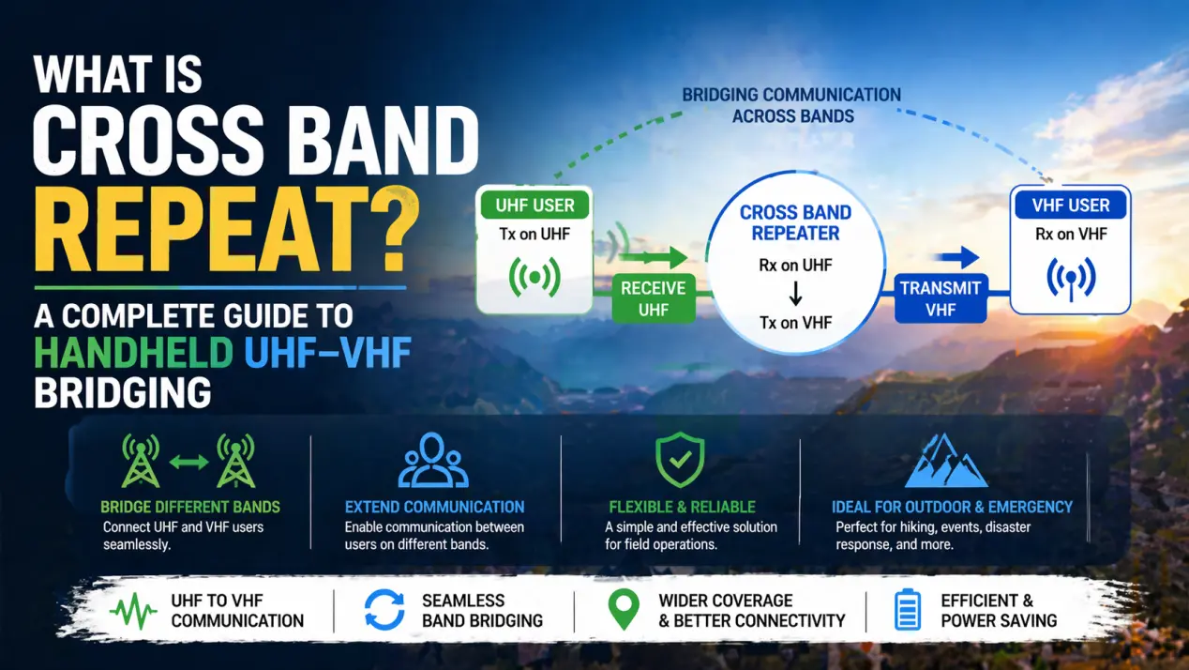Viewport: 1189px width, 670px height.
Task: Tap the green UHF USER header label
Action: click(x=534, y=205)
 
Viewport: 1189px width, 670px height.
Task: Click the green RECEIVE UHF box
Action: click(x=653, y=298)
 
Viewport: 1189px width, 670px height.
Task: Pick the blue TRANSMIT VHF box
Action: click(x=941, y=298)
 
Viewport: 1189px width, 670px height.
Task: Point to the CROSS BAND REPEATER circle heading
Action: click(x=795, y=222)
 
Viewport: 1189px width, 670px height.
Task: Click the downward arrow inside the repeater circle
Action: click(x=795, y=295)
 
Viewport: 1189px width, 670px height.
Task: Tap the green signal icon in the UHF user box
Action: click(x=534, y=278)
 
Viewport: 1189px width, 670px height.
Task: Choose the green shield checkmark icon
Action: click(x=680, y=461)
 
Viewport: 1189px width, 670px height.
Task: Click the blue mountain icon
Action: click(x=946, y=461)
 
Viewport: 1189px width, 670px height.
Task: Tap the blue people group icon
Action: click(x=433, y=460)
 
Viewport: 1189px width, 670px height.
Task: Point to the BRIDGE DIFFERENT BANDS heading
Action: click(x=189, y=507)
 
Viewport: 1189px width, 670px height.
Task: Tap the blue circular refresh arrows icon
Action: click(x=384, y=610)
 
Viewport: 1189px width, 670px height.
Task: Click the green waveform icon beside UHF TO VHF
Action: click(x=133, y=611)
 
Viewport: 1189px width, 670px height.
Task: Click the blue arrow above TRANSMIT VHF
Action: click(x=957, y=258)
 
